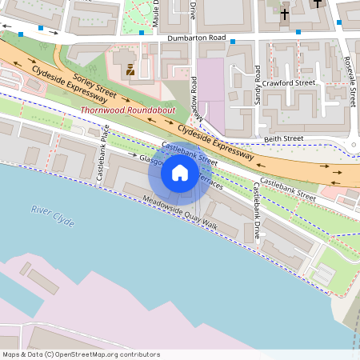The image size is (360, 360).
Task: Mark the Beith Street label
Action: tap(284, 138)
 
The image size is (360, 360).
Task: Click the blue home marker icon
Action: tap(179, 172)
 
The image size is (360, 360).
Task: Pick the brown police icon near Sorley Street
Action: tap(130, 70)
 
